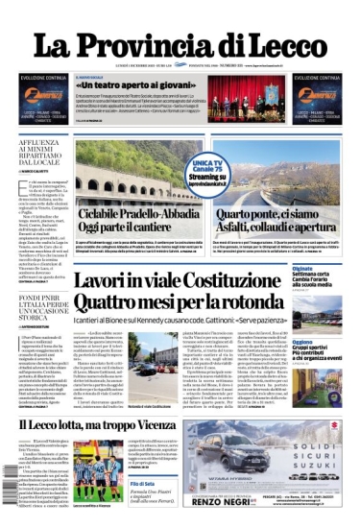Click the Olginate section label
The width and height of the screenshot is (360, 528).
point(303,269)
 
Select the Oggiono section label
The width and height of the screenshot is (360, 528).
point(303,341)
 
